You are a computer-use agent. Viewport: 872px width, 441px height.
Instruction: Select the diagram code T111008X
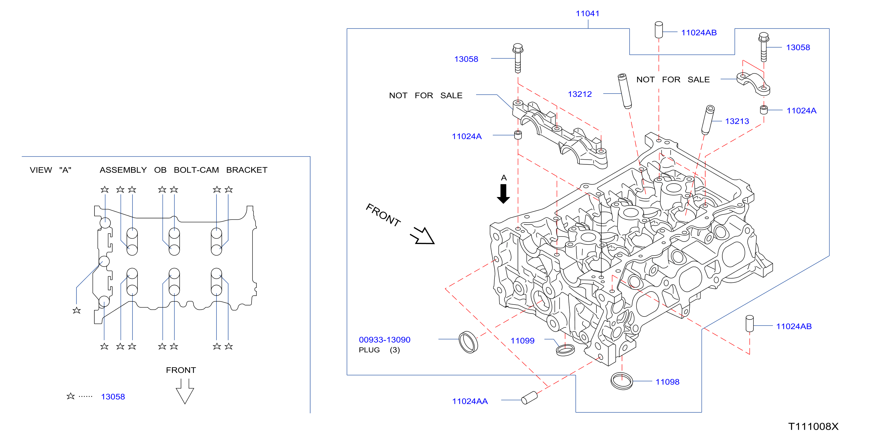point(813,426)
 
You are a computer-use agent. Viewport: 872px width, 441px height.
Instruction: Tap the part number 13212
point(579,94)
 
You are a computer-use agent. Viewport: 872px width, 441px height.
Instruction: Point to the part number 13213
point(737,121)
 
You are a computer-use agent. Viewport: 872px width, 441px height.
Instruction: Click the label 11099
point(522,341)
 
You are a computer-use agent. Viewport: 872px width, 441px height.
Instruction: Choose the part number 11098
point(667,382)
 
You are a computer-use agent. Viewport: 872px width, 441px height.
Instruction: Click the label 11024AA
point(470,401)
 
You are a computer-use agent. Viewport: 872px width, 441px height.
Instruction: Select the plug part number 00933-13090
point(385,340)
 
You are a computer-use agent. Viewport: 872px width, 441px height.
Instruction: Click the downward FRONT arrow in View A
point(185,391)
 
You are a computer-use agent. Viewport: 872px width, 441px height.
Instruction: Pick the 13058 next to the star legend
point(113,397)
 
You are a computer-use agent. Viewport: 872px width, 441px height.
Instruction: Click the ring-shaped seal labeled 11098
point(622,381)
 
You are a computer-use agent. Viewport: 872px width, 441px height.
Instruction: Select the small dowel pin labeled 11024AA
point(530,398)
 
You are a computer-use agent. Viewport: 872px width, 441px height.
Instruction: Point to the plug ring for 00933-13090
point(468,342)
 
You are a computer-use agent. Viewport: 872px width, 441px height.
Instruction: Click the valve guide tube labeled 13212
point(625,92)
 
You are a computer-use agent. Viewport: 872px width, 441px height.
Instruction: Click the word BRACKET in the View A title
point(247,170)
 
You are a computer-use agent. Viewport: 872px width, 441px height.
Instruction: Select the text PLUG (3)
point(380,350)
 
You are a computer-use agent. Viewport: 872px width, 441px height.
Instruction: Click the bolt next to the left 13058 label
point(518,58)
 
